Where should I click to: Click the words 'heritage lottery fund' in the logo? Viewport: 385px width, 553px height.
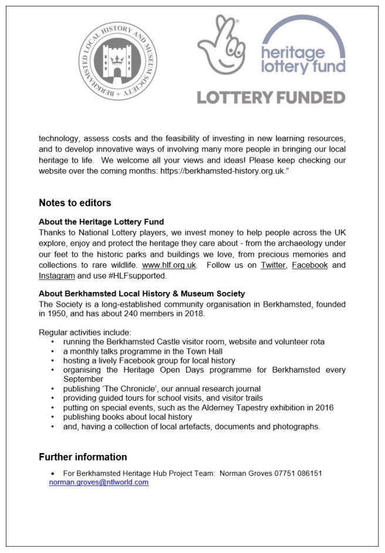pyautogui.click(x=303, y=60)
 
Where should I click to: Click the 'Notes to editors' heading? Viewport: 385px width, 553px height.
pyautogui.click(x=75, y=203)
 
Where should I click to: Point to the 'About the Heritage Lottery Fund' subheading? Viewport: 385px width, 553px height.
pyautogui.click(x=101, y=222)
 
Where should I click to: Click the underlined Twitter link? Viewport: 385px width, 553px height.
pyautogui.click(x=273, y=265)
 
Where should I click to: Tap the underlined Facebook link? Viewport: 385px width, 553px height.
pyautogui.click(x=309, y=265)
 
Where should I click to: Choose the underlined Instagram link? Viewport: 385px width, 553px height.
pyautogui.click(x=57, y=275)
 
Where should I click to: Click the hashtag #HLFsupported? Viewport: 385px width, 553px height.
pyautogui.click(x=137, y=275)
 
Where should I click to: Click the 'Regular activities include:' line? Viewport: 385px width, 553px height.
pyautogui.click(x=85, y=332)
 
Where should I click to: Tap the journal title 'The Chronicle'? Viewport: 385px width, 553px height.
pyautogui.click(x=120, y=388)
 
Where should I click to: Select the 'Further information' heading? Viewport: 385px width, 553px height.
pyautogui.click(x=83, y=457)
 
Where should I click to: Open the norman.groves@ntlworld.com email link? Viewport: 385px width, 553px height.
pyautogui.click(x=99, y=482)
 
